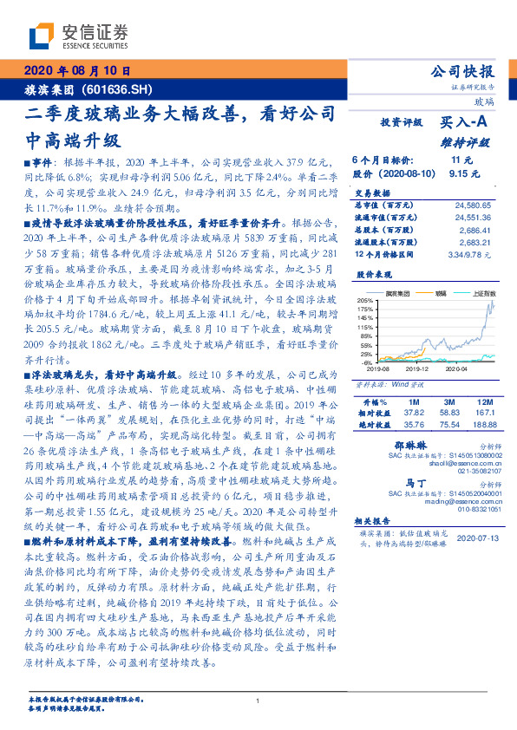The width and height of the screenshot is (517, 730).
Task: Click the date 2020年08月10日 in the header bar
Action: (76, 72)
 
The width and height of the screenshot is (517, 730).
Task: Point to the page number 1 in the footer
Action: (258, 701)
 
